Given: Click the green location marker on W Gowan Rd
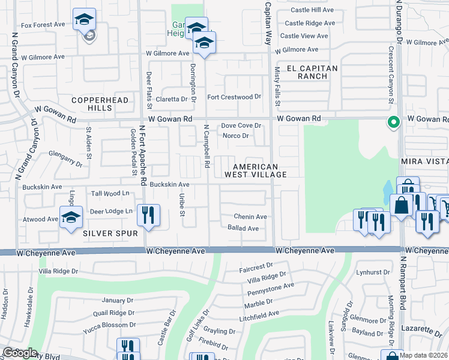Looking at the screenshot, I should pos(393,122).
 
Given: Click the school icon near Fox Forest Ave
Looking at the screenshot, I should pos(84,19).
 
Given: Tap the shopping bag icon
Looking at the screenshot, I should pos(400,205).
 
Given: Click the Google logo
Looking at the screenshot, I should pos(19,353).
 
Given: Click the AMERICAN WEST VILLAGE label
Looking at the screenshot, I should pos(256,170).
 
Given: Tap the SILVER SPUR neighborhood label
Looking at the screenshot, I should pos(111,233).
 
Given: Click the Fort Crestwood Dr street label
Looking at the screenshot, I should pos(234,97).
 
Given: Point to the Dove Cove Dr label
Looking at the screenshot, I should pos(241,126).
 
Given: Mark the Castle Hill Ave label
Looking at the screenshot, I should pos(312,10).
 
